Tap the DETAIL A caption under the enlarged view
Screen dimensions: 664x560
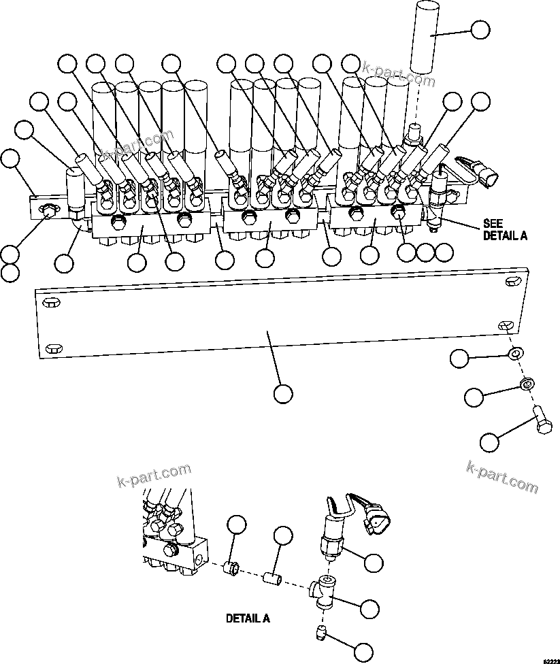[248, 619]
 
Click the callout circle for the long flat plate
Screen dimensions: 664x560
[282, 393]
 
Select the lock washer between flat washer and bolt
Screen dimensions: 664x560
[526, 384]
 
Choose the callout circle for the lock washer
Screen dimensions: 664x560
[474, 395]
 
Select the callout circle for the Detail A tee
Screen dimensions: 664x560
[369, 608]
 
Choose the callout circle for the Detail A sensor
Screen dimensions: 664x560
[374, 561]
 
